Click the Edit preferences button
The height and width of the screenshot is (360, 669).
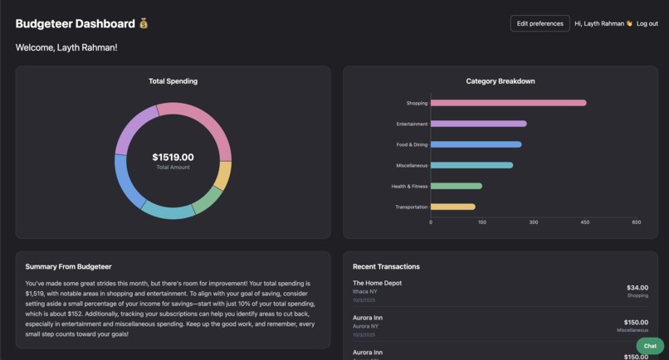[x=540, y=23]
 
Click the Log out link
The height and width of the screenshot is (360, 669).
[x=647, y=23]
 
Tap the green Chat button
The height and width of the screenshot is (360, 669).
[x=650, y=346]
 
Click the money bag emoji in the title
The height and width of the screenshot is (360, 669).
[x=144, y=24]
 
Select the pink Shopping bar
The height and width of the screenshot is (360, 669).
[x=508, y=103]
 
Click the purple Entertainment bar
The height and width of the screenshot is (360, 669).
[x=478, y=124]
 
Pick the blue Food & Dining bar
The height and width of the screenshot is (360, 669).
[x=476, y=144]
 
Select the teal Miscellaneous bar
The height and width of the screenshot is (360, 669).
[x=471, y=165]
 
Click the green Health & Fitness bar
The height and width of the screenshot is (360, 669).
[x=456, y=186]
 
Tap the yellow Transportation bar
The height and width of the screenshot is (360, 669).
[x=452, y=207]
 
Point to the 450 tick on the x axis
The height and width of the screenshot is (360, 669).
[x=584, y=222]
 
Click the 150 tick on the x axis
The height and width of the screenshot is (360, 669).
[x=482, y=222]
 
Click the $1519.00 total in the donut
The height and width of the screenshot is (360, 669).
[x=173, y=157]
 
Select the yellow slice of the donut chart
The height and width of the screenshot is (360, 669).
[x=222, y=176]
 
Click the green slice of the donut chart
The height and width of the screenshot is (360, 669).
[x=208, y=199]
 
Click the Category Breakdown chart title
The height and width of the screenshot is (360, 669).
[x=500, y=81]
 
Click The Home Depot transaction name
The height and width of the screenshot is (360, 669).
[x=377, y=283]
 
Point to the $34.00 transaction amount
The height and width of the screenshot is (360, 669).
[x=637, y=288]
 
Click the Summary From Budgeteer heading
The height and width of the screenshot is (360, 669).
[x=68, y=266]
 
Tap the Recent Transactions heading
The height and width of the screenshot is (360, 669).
[x=386, y=266]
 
